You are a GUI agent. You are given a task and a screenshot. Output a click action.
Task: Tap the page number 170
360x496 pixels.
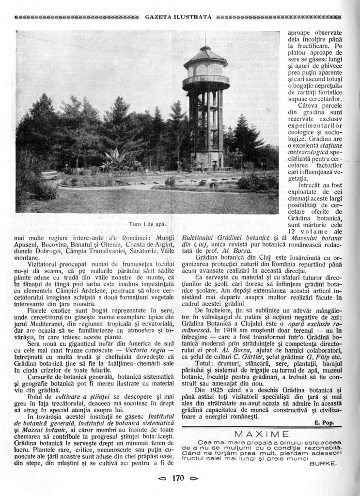point(178,479)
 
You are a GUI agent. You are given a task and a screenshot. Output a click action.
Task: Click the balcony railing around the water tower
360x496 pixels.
point(206,80)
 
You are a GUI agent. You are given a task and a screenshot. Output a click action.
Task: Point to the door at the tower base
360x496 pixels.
point(214,164)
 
